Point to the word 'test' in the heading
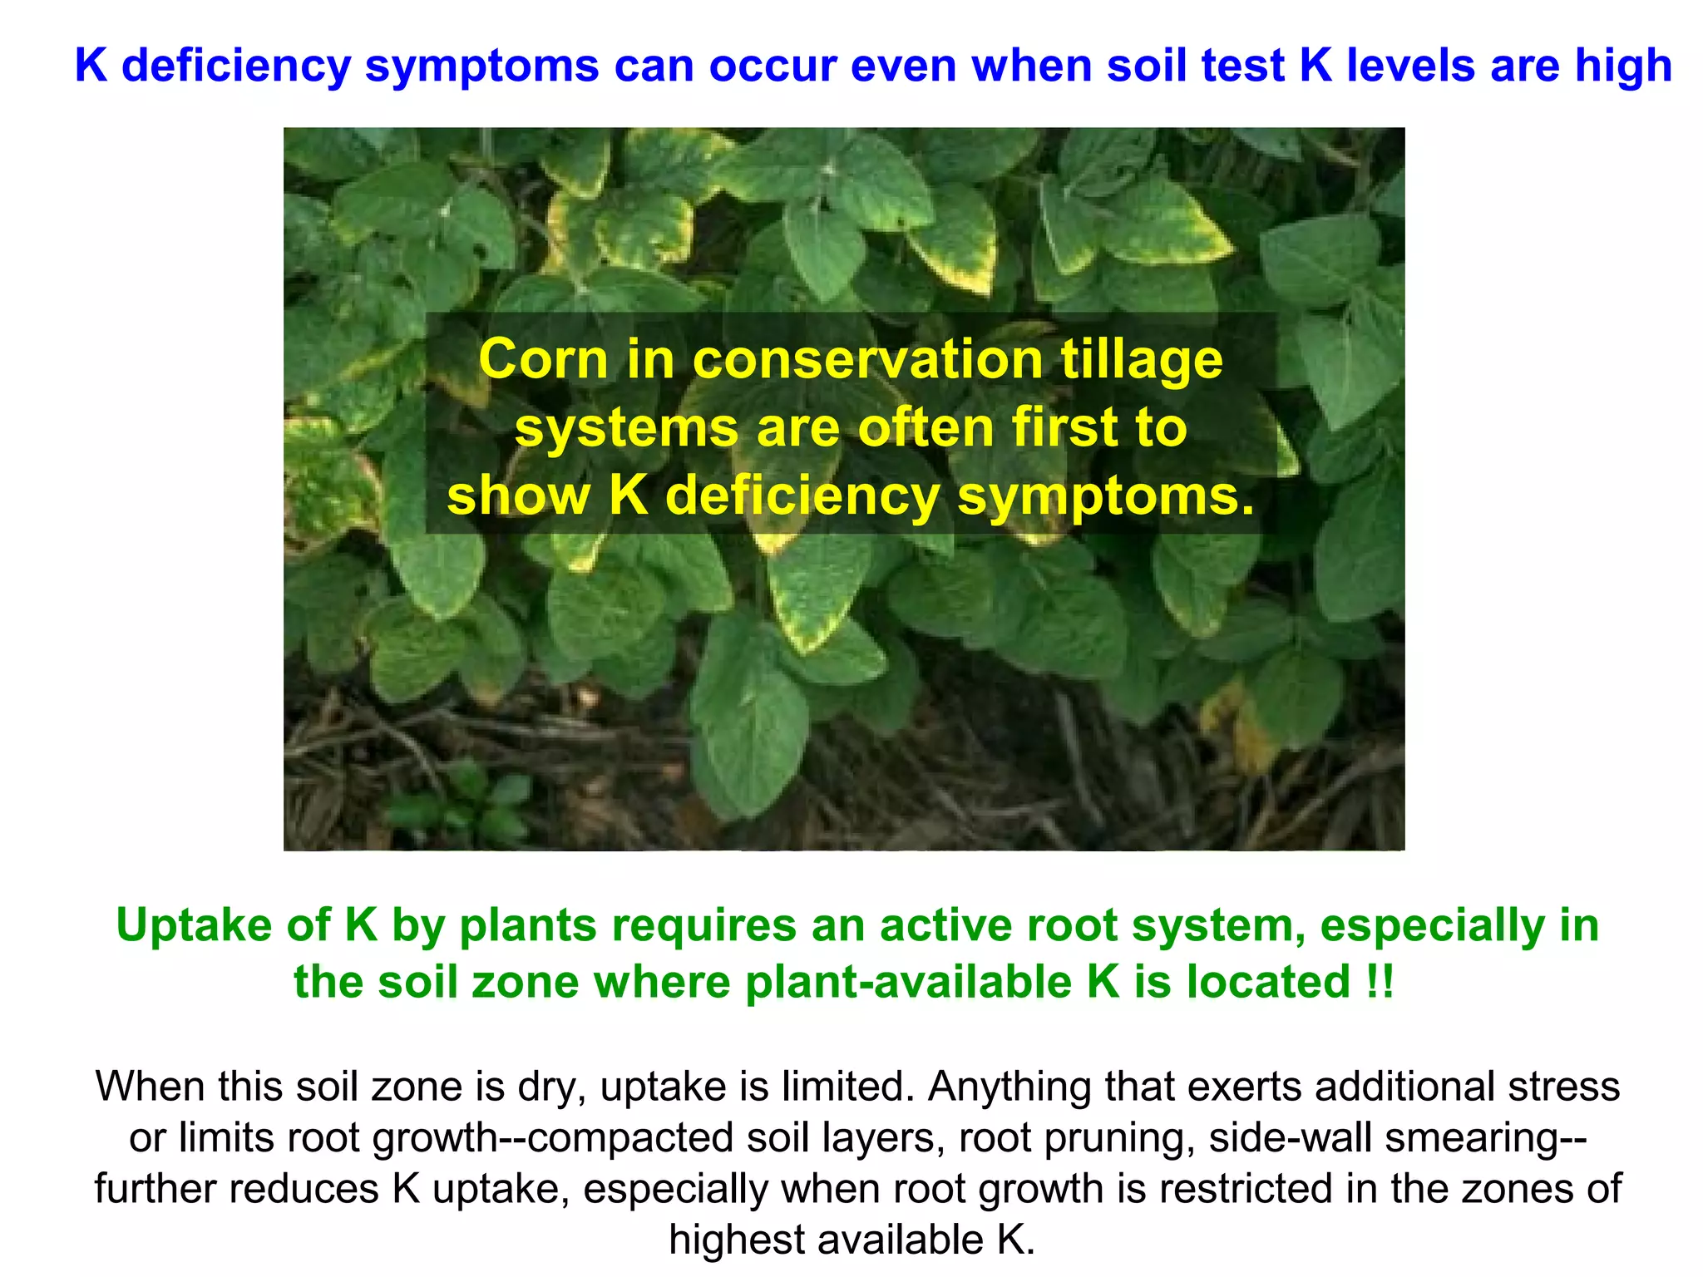(1245, 66)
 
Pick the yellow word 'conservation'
(867, 360)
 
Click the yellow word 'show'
(518, 496)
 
